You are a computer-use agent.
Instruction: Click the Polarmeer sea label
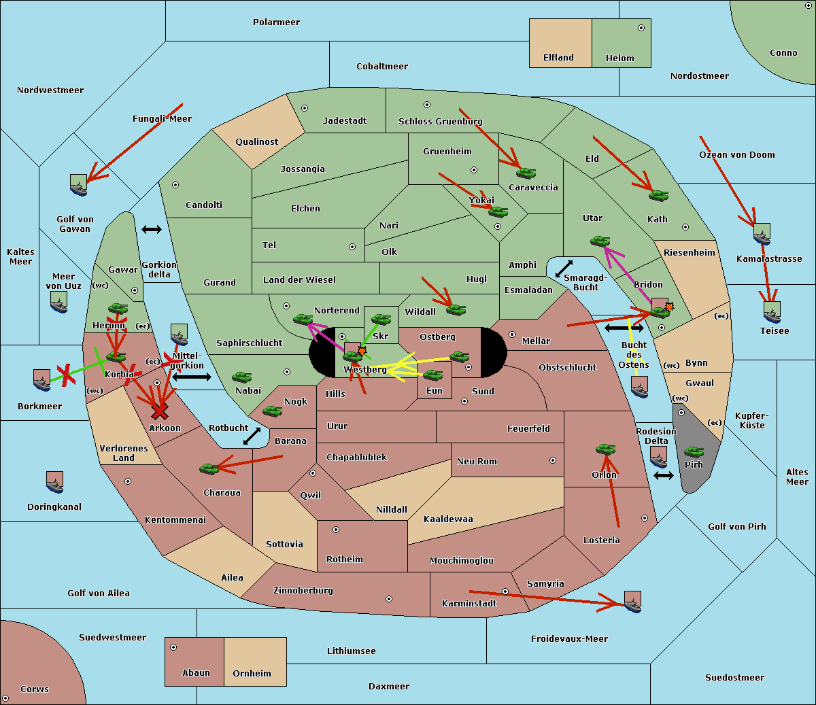[x=276, y=22]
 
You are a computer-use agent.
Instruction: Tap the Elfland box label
[x=558, y=58]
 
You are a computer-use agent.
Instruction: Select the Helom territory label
[x=619, y=58]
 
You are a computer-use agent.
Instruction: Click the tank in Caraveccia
[x=526, y=173]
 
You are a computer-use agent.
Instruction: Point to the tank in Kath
[x=658, y=196]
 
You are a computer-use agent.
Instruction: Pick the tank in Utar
[x=600, y=241]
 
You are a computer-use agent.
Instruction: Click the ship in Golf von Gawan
[x=78, y=185]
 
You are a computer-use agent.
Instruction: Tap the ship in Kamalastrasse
[x=762, y=234]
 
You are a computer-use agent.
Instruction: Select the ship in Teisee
[x=772, y=312]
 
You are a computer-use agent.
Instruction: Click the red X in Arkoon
[x=160, y=411]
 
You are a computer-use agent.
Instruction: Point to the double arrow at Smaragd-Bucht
[x=564, y=269]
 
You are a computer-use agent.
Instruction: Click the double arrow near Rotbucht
[x=252, y=436]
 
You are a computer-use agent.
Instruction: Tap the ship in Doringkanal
[x=54, y=482]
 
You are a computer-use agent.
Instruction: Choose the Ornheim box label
[x=252, y=674]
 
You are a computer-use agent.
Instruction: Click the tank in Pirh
[x=694, y=451]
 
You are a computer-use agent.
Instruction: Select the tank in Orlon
[x=605, y=449]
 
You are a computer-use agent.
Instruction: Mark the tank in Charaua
[x=209, y=468]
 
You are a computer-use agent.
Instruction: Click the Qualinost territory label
[x=256, y=142]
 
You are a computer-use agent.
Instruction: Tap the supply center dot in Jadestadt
[x=305, y=108]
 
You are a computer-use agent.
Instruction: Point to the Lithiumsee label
[x=351, y=651]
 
